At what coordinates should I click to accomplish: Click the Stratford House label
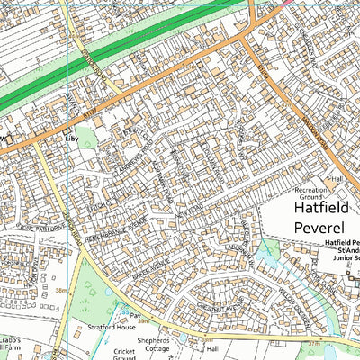coord(111,328)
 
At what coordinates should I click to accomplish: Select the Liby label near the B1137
coord(69,139)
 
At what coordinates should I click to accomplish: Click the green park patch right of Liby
coord(85,137)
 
